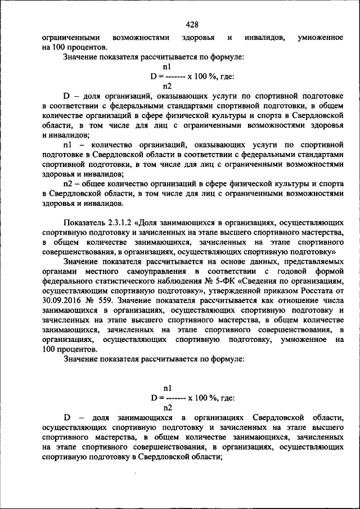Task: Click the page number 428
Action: pos(192,25)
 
